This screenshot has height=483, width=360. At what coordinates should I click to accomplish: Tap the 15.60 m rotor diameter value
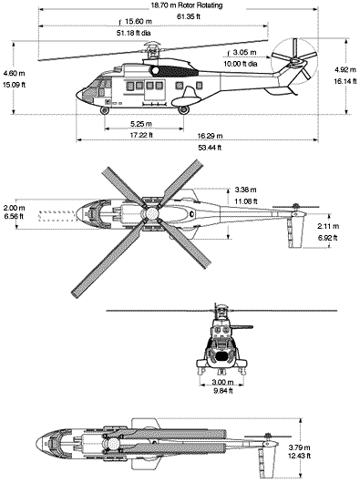(138, 22)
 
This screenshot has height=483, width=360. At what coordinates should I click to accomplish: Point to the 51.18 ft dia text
(138, 33)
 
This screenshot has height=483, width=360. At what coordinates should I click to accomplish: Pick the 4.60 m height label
(15, 73)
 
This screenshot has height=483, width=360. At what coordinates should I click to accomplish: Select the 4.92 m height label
(343, 69)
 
